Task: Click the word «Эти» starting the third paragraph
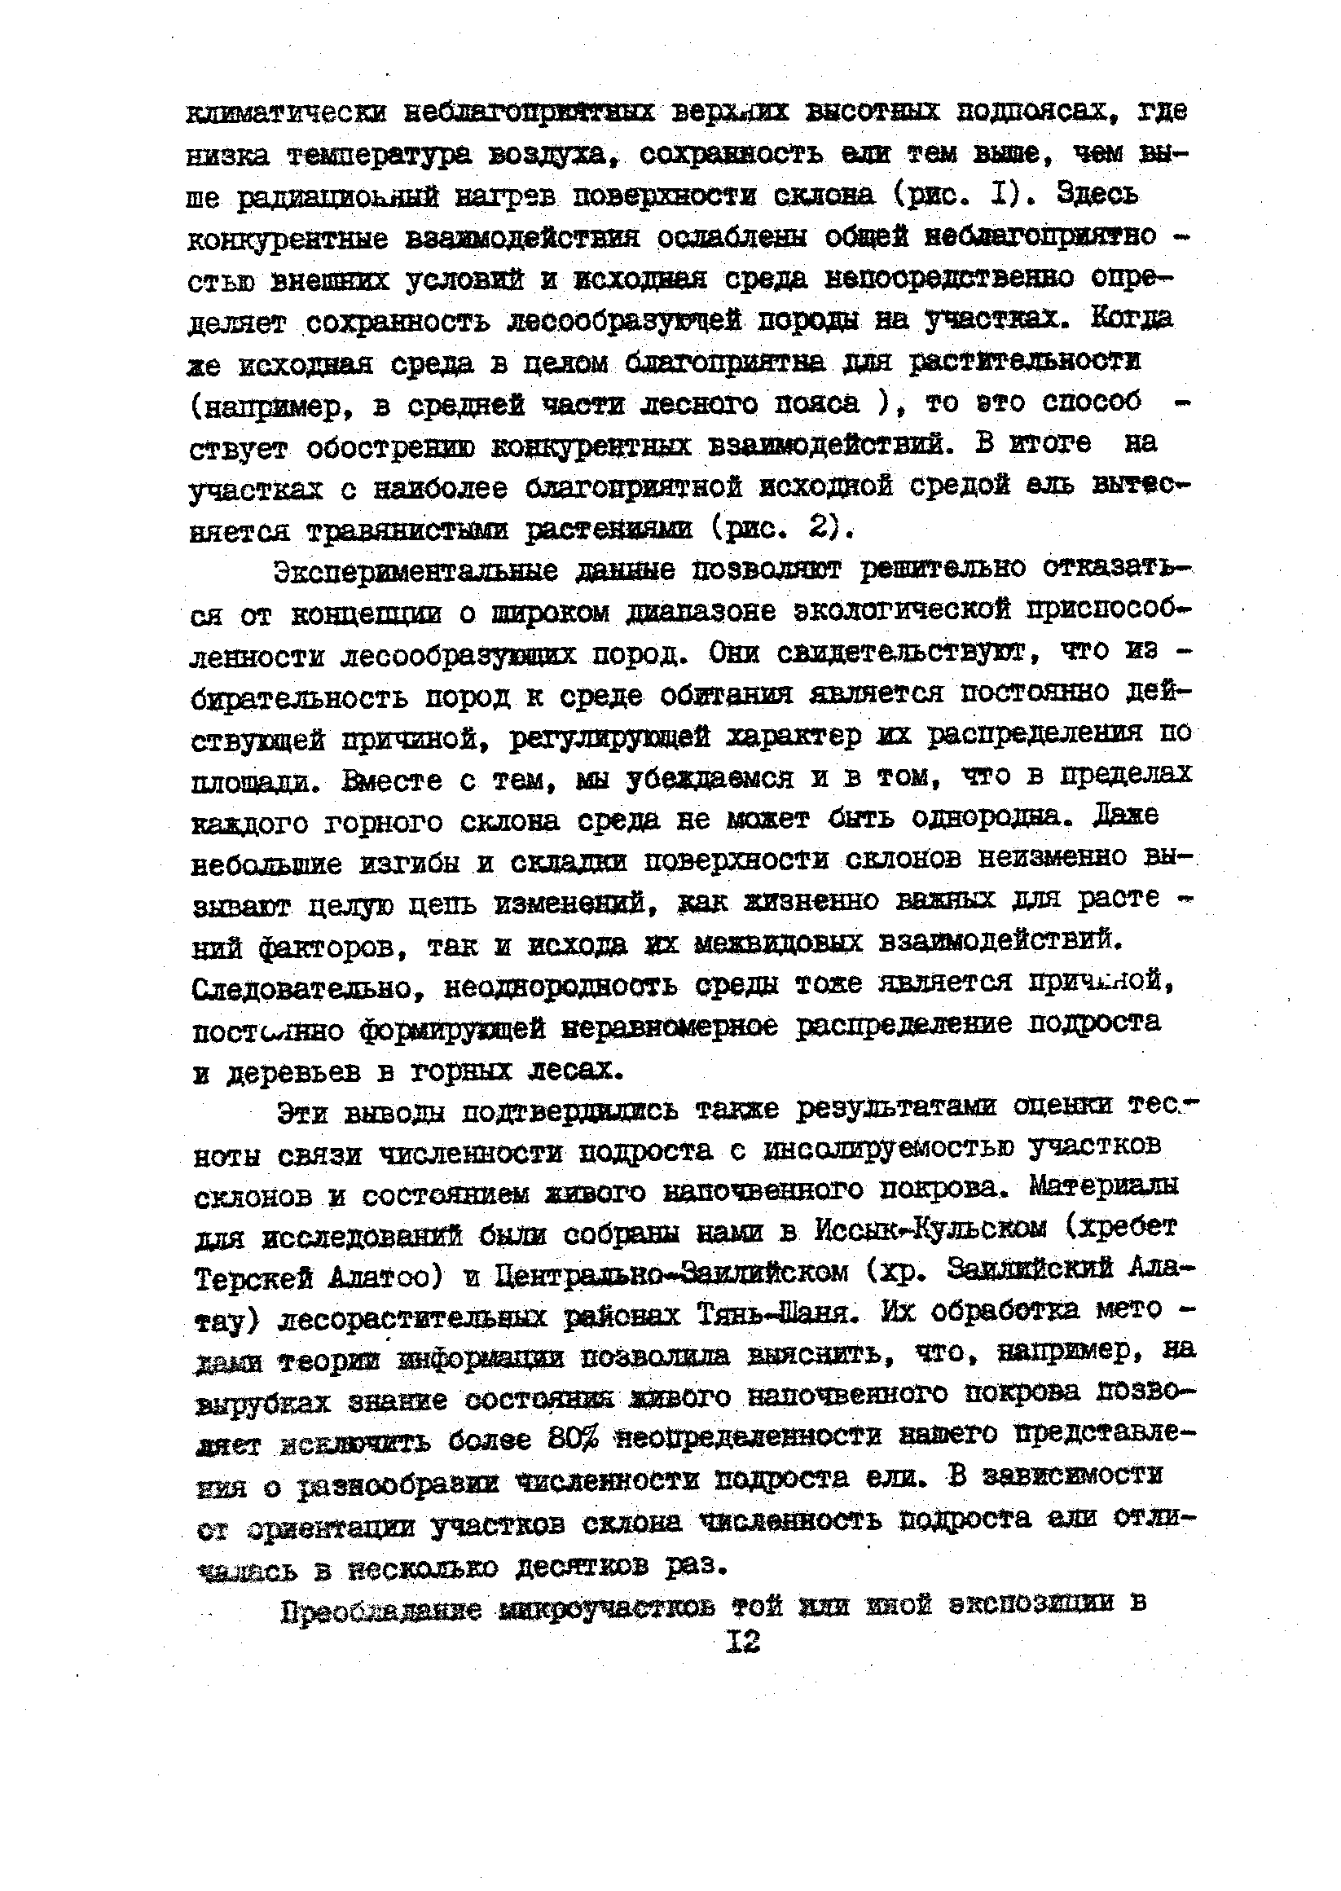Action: (301, 1113)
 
